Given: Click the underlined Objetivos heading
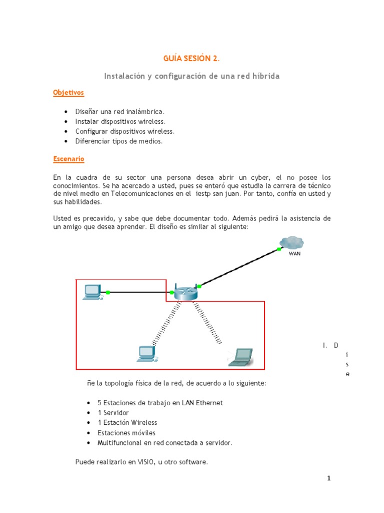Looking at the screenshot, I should [68, 93].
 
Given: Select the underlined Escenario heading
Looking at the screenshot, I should [69, 159].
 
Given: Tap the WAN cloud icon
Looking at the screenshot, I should [291, 242].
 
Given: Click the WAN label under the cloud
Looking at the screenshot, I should [294, 253].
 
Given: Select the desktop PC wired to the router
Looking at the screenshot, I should [92, 292].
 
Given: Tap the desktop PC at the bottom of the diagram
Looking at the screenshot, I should [146, 354].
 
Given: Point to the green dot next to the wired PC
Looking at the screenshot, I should [108, 292].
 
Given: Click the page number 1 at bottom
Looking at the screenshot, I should [328, 478].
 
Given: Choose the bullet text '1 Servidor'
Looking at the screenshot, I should [113, 413].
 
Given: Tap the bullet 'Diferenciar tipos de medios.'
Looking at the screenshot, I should [119, 141].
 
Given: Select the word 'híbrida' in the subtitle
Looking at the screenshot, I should [265, 76].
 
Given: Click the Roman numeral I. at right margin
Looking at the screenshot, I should [325, 345].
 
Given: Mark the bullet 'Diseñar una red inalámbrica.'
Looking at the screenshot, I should [119, 111].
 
